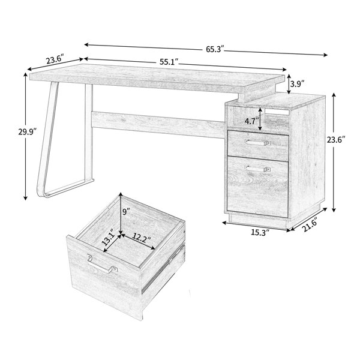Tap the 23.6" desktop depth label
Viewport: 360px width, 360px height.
(55, 60)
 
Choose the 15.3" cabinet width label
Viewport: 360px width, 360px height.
(259, 230)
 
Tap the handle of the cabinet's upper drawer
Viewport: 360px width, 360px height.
(259, 143)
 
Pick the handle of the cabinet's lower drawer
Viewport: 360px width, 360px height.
(259, 169)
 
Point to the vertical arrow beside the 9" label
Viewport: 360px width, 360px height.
(121, 213)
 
